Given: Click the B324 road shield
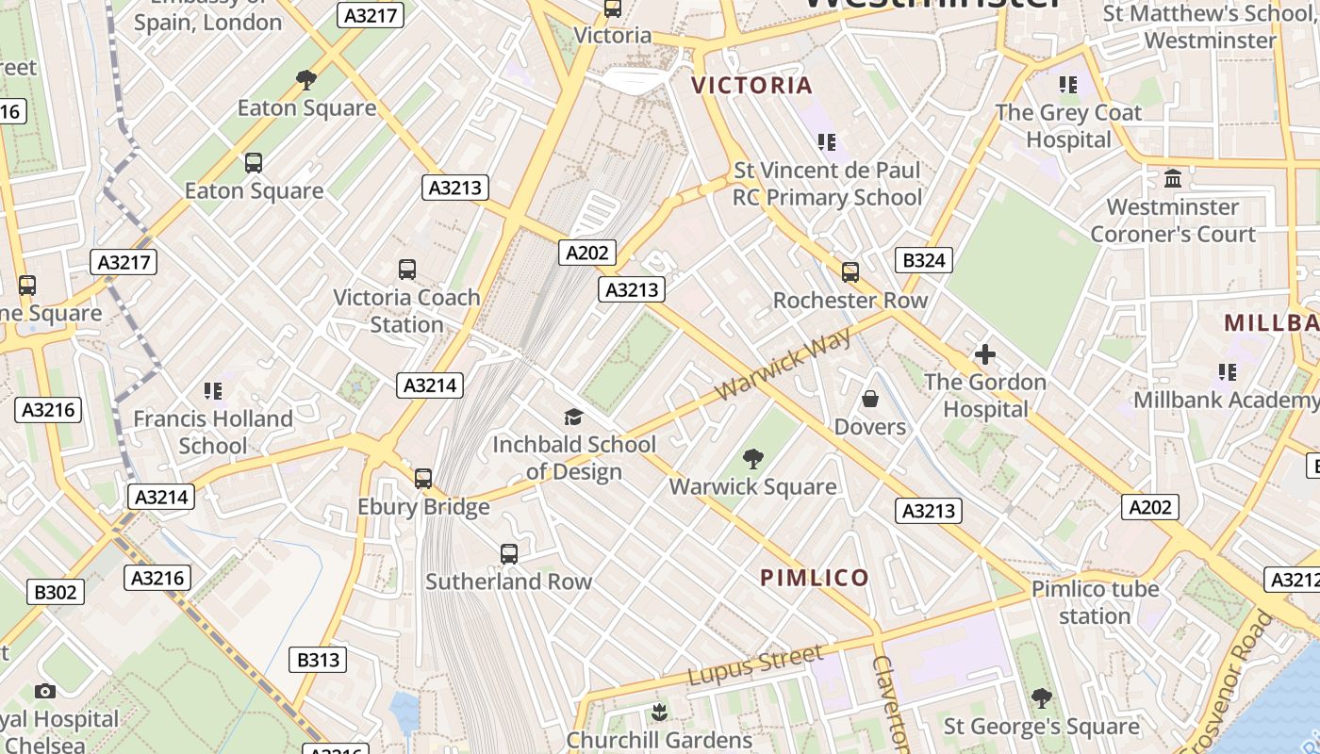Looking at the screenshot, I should coord(923,260).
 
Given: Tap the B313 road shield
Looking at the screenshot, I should coord(318,660).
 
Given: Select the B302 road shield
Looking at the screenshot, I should coord(57,592).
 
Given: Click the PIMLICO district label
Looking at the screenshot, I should coord(815,578).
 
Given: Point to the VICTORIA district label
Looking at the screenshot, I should coord(751,86).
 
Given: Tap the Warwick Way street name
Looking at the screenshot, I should coord(783,365).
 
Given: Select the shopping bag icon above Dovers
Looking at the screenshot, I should coord(870,400).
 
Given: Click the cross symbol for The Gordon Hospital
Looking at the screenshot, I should coord(985,354).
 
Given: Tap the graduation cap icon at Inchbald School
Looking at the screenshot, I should coord(573,418).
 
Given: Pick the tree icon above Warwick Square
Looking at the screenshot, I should coord(752,459).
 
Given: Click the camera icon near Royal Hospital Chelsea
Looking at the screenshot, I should coord(44,692).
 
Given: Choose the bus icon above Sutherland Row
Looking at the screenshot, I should coord(509,554).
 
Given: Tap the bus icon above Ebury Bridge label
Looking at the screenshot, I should coord(423,479).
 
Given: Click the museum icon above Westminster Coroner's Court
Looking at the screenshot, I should coord(1173,178).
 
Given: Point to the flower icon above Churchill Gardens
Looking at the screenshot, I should coord(659,713).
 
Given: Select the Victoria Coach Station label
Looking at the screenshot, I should coord(406,311).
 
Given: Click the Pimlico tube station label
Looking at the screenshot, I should coord(1095,602).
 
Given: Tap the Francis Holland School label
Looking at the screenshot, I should coord(213,432).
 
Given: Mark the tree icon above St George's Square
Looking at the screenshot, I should coord(1041,698).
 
